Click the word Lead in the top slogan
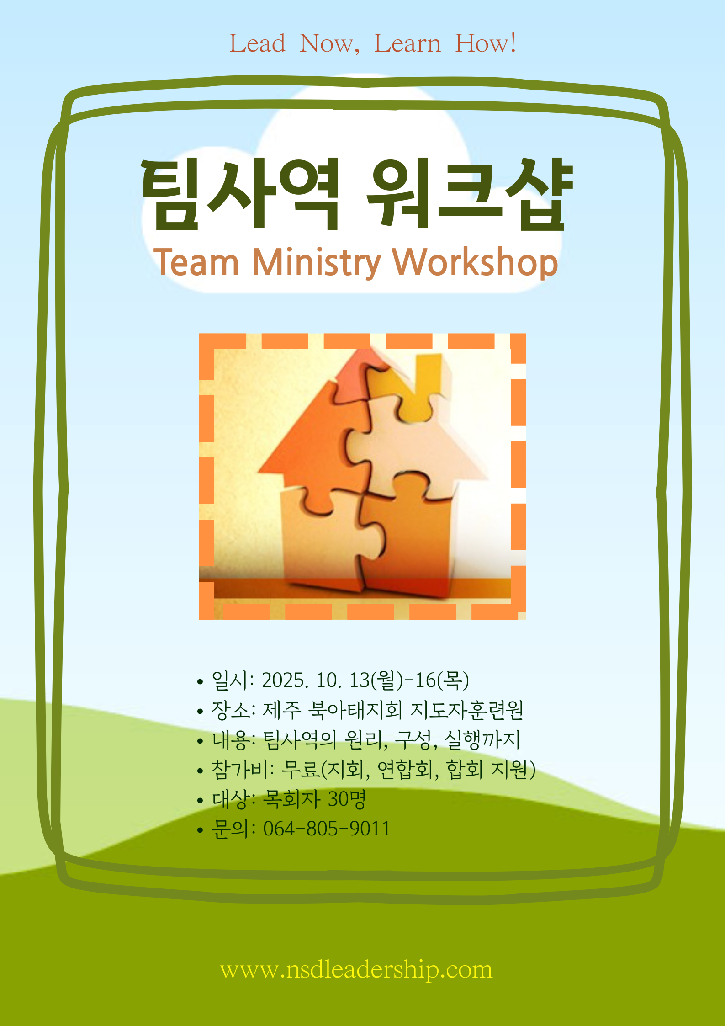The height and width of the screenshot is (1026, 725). pyautogui.click(x=257, y=43)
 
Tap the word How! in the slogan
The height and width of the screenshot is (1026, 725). pyautogui.click(x=486, y=43)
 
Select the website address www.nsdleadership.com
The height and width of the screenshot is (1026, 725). pyautogui.click(x=356, y=970)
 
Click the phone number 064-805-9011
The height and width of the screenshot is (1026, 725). pyautogui.click(x=327, y=829)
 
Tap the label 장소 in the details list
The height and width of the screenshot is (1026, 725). pyautogui.click(x=230, y=710)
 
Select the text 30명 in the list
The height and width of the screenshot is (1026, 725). pyautogui.click(x=347, y=799)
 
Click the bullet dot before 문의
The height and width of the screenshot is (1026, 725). pyautogui.click(x=200, y=829)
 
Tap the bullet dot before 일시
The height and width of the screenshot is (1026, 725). pyautogui.click(x=200, y=682)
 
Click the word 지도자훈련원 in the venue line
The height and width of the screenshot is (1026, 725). pyautogui.click(x=467, y=710)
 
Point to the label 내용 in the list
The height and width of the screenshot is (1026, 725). pyautogui.click(x=231, y=739)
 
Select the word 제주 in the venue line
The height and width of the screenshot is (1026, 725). pyautogui.click(x=282, y=710)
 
